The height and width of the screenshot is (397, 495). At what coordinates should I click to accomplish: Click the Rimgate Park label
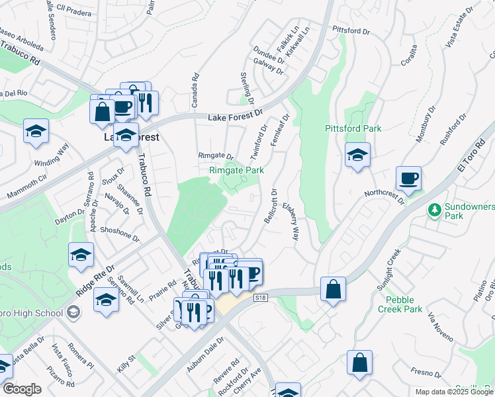[236, 170]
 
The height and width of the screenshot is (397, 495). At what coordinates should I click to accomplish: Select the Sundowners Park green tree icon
[435, 210]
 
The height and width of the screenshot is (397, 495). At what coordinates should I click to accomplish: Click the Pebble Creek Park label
[400, 304]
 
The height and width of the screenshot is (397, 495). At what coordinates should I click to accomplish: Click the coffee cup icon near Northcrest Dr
[408, 179]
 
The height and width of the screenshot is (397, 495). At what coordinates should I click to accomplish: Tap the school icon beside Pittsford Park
[357, 155]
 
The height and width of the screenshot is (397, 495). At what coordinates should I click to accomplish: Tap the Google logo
[22, 389]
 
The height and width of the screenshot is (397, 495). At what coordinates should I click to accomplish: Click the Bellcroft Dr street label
[271, 206]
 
